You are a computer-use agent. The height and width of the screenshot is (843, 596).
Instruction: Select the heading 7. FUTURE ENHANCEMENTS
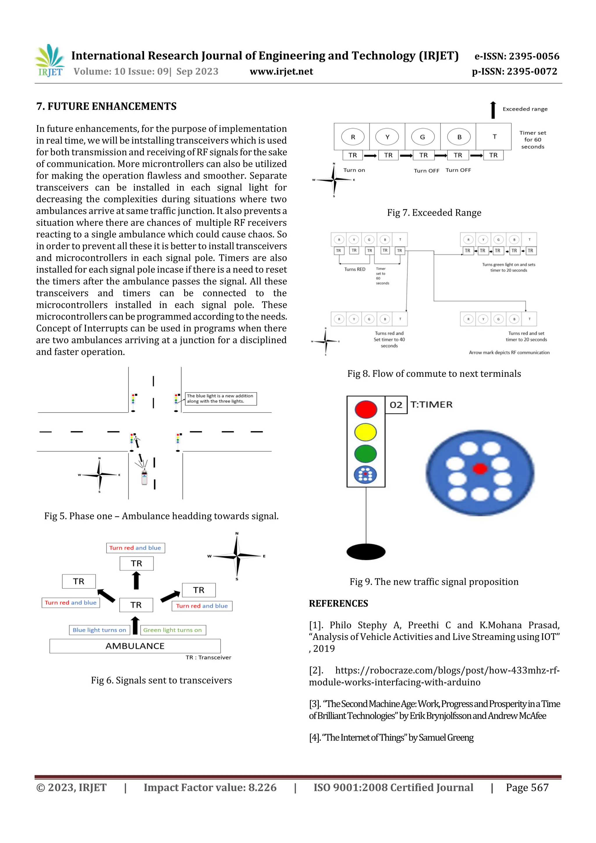pos(106,107)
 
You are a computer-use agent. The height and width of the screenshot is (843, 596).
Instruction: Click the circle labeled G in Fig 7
pos(422,137)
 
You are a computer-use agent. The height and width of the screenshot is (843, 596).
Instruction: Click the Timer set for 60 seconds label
pos(533,139)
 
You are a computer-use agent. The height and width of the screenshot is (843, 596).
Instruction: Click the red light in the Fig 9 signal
pos(366,409)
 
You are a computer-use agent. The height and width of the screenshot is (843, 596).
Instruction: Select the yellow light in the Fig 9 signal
pos(366,432)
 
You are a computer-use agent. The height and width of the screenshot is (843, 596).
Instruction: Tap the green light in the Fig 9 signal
pos(366,454)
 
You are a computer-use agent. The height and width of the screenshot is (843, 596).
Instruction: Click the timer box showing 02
pos(396,405)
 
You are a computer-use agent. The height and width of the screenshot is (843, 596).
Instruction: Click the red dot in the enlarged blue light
pos(480,468)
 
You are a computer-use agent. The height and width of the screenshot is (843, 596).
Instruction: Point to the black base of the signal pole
pos(366,551)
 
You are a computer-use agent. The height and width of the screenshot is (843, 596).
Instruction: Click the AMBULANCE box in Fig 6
pos(135,646)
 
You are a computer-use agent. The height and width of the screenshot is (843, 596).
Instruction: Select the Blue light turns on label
pos(99,630)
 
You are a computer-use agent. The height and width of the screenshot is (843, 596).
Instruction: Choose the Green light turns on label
pos(172,630)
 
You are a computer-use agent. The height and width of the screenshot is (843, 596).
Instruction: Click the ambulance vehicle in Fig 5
pos(144,477)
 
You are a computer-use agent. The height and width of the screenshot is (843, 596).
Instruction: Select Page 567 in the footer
pos(527,787)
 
